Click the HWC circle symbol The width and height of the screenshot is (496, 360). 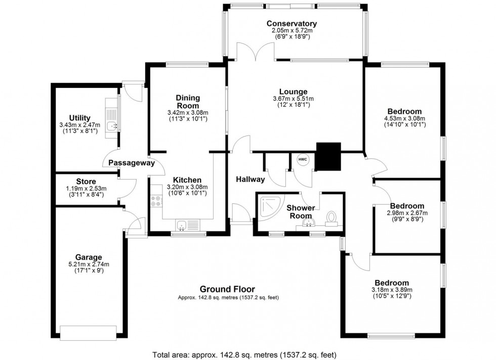303,159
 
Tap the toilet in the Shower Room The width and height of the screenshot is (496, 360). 332,218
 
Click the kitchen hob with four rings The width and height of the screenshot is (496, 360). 156,202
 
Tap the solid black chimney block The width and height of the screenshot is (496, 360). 328,156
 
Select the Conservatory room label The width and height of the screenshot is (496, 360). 292,24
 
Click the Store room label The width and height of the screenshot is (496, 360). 86,182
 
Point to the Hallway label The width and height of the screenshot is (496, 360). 250,179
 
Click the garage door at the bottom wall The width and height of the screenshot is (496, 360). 88,332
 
